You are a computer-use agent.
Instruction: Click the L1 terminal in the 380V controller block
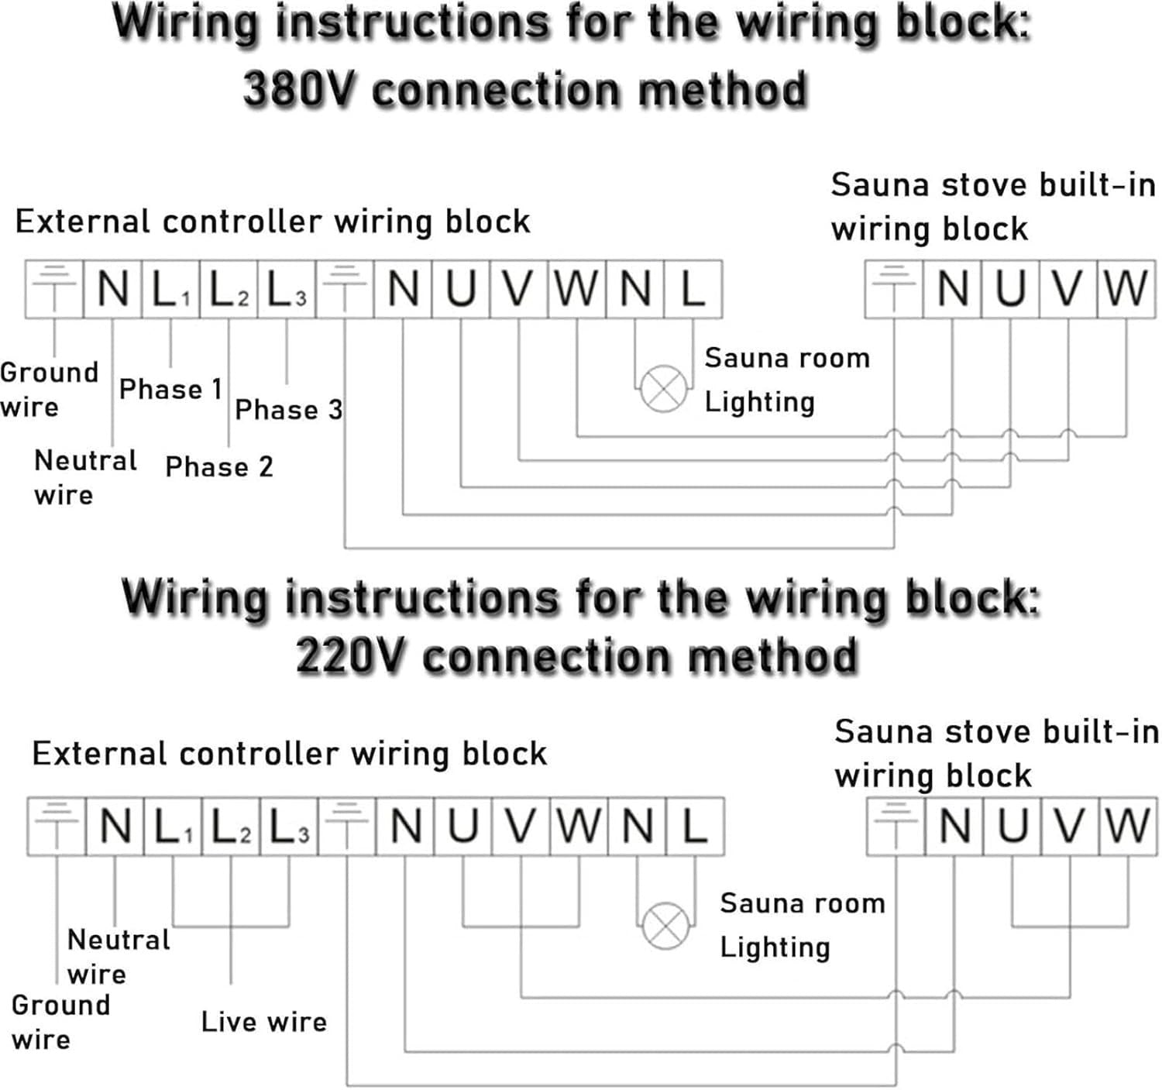tap(171, 289)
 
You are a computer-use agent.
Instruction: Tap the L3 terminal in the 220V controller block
tap(289, 826)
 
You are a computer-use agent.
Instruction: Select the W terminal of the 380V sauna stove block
tap(1126, 289)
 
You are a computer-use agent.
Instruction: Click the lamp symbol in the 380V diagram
tap(663, 389)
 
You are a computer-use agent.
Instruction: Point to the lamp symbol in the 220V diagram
tap(665, 926)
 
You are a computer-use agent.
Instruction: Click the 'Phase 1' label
tap(171, 389)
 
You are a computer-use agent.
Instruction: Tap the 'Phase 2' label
tap(219, 466)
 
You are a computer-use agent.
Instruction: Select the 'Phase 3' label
tap(289, 409)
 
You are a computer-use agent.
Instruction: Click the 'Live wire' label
tap(264, 1022)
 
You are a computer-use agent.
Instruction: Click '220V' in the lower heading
tap(350, 655)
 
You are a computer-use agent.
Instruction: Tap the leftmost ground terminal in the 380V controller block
tap(54, 289)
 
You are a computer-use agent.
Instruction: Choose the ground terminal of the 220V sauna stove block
tap(896, 826)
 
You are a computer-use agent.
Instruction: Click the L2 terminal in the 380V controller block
tap(229, 289)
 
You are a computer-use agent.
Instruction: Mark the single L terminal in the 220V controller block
tap(696, 826)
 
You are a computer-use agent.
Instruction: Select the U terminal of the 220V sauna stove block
tap(1012, 826)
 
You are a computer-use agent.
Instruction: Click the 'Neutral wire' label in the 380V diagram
tap(85, 478)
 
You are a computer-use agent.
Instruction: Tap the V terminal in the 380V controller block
tap(519, 289)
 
